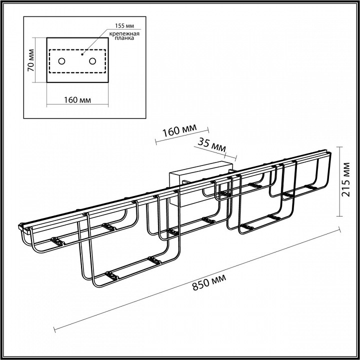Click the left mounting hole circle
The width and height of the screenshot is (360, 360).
pyautogui.click(x=61, y=61)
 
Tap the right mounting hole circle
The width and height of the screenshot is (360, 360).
pyautogui.click(x=92, y=61)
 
